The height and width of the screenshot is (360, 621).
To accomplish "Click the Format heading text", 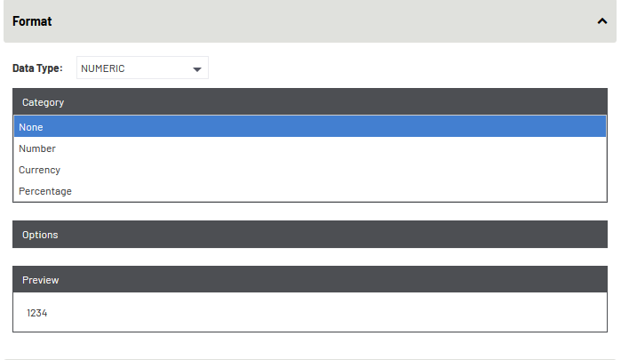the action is click(x=32, y=21).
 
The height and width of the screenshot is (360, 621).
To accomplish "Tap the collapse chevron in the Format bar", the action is click(x=602, y=21).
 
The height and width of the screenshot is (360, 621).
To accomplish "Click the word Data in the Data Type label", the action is click(x=23, y=68).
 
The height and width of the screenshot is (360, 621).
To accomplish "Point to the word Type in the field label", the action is click(x=48, y=68).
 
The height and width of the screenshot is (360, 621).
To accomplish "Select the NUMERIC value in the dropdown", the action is click(x=103, y=68).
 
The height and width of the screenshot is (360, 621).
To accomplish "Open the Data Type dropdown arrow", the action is click(x=197, y=70).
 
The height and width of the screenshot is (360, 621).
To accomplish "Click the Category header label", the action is click(x=44, y=102).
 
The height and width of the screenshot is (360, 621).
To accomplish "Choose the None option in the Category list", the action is click(x=31, y=127).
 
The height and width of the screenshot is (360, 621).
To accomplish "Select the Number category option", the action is click(x=37, y=148).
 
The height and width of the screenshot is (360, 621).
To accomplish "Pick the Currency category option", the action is click(x=40, y=170).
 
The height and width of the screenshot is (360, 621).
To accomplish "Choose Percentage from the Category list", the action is click(x=45, y=191).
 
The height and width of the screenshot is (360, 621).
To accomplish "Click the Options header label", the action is click(x=40, y=235).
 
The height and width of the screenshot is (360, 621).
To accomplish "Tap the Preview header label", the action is click(x=40, y=280).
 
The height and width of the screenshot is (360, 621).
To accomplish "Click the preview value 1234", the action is click(x=37, y=313).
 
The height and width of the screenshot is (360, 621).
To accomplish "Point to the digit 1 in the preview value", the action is click(x=29, y=313).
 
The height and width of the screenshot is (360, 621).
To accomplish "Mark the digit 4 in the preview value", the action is click(x=44, y=313).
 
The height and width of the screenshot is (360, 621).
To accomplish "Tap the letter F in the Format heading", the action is click(x=16, y=21).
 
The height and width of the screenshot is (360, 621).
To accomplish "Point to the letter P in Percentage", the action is click(x=22, y=191).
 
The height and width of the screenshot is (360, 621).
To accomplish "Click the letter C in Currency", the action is click(x=22, y=170).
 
